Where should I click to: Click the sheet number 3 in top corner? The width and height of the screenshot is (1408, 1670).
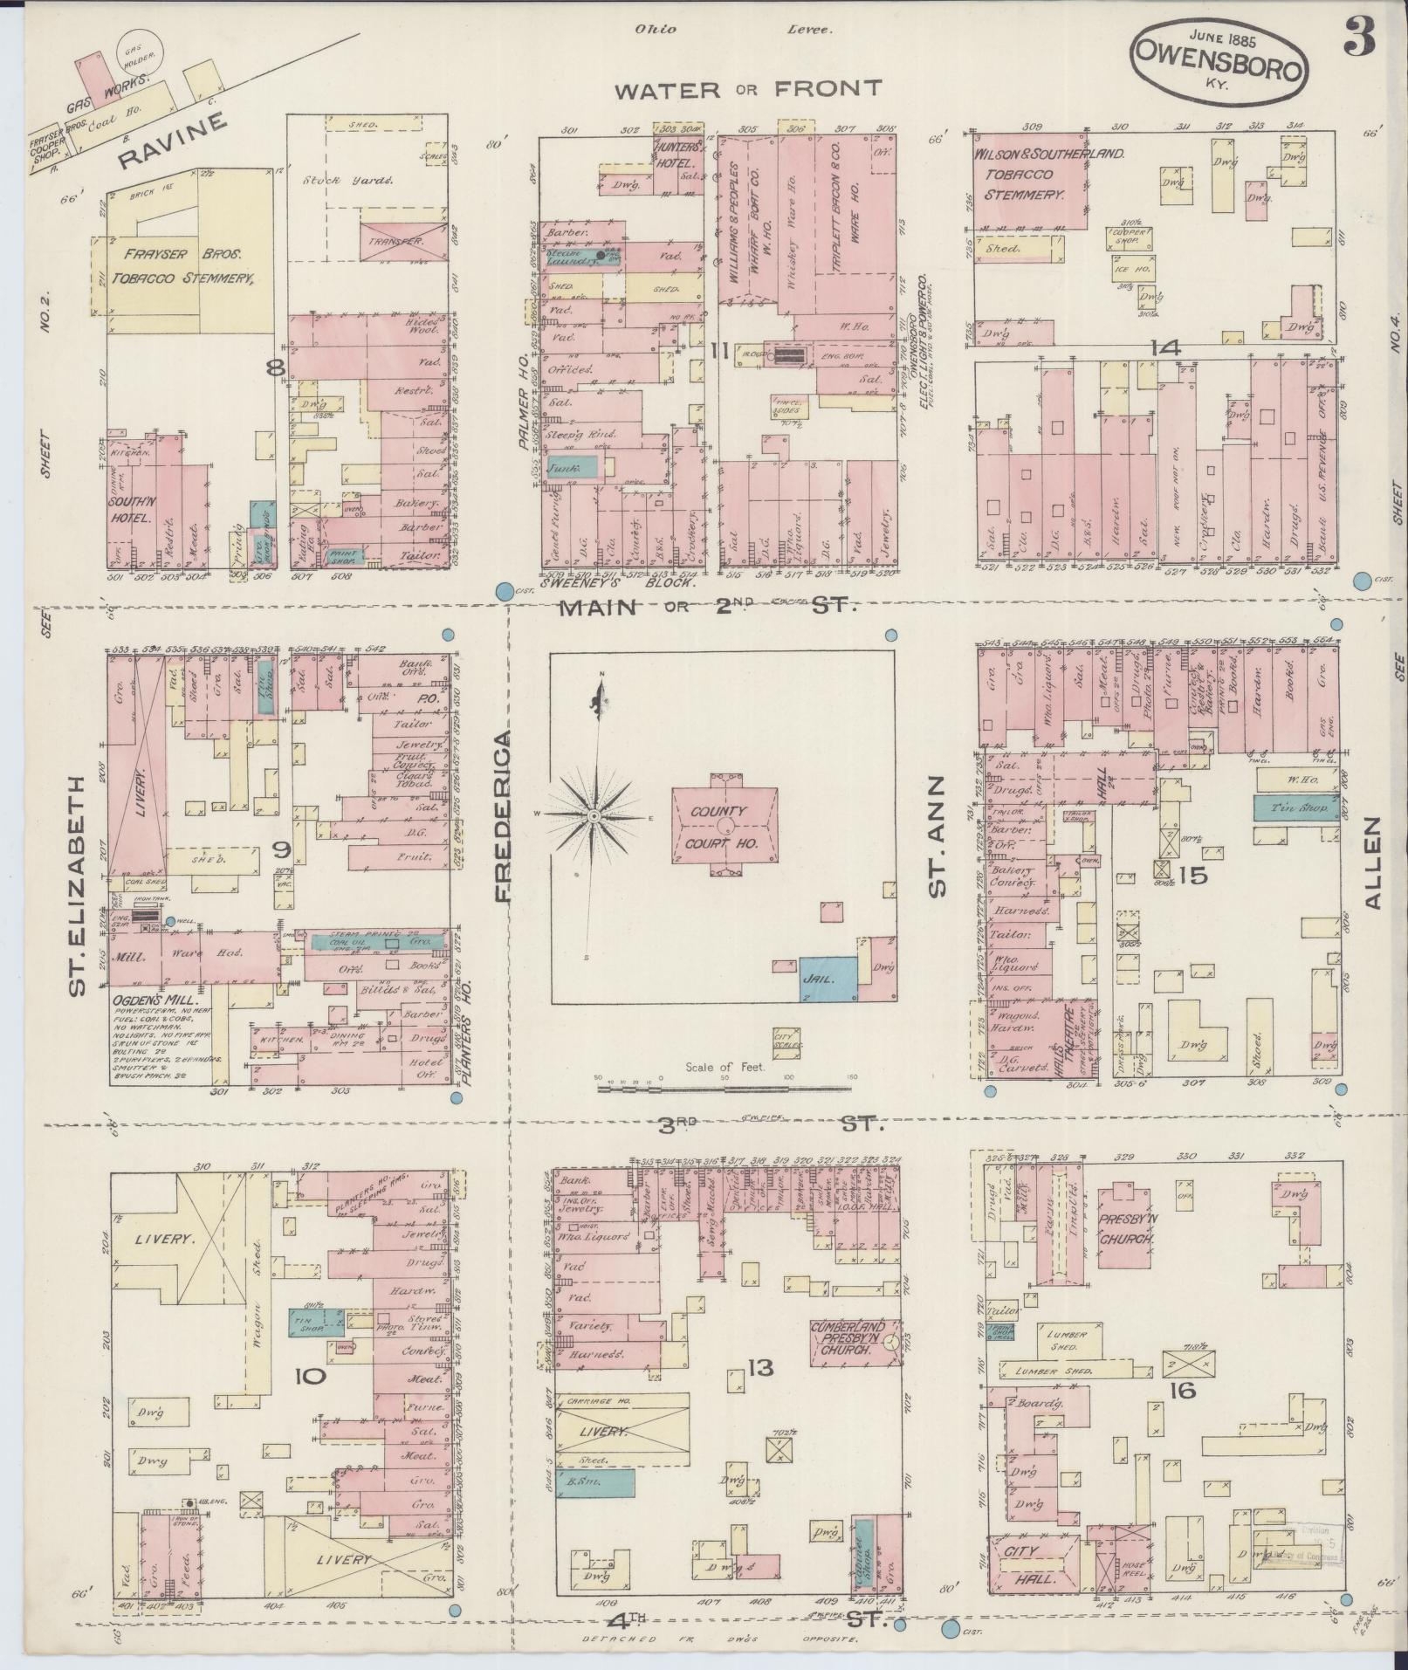click(1360, 37)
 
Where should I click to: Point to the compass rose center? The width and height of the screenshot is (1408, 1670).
click(594, 816)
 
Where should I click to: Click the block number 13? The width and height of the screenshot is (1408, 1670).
click(760, 1392)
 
